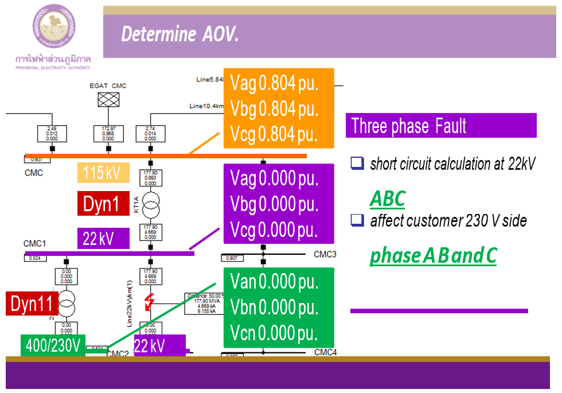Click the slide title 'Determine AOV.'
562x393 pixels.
tap(179, 35)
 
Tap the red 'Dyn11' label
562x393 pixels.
tap(32, 303)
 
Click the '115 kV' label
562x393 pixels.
tap(102, 173)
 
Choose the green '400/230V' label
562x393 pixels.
tap(53, 345)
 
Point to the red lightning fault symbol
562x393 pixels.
tap(150, 301)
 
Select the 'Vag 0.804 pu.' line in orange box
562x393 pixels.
tap(274, 83)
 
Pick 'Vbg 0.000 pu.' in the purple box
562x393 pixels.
tap(274, 204)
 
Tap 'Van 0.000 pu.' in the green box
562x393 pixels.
tap(274, 282)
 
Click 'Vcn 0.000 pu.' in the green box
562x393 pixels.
tap(274, 333)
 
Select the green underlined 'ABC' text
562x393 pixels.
tap(388, 199)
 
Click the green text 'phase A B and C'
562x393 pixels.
tap(433, 256)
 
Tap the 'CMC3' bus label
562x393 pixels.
tap(325, 254)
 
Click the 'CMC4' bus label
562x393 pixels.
tap(325, 352)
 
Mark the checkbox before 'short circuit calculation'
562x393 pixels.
tap(357, 164)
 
